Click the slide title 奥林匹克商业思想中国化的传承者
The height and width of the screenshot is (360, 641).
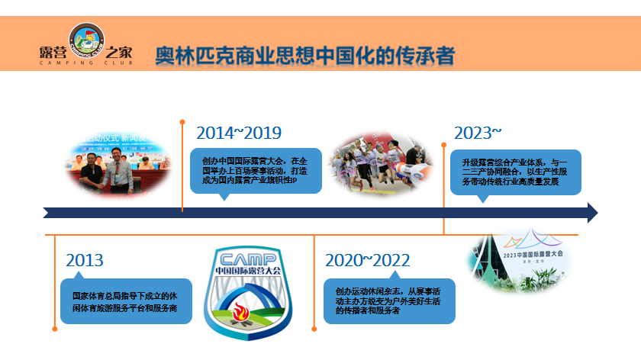[x=304, y=56]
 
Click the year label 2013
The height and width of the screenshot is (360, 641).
[x=85, y=260]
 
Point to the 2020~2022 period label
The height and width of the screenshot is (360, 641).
[x=368, y=260]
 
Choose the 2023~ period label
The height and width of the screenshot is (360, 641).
[x=478, y=132]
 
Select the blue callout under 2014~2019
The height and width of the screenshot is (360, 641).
[x=256, y=171]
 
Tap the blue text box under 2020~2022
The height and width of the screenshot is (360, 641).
[x=389, y=301]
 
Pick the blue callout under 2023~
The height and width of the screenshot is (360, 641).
[x=516, y=172]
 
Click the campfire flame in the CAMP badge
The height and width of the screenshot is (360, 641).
[x=248, y=312]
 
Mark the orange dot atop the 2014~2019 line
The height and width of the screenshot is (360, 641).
[x=182, y=121]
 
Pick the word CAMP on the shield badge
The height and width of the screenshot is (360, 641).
[x=248, y=257]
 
